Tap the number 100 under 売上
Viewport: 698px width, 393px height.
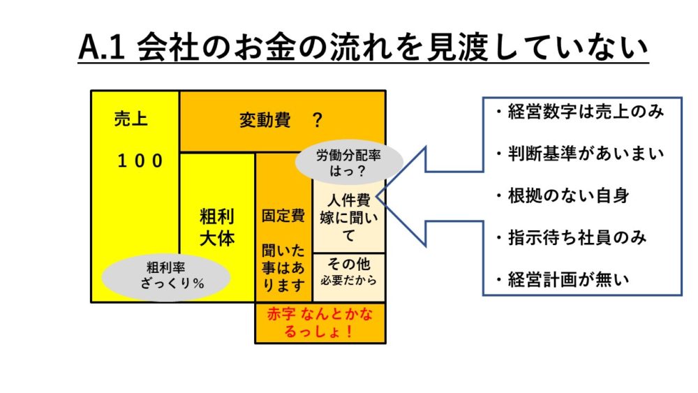(140, 161)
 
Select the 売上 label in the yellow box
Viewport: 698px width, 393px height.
(131, 120)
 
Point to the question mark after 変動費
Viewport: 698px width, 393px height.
(318, 121)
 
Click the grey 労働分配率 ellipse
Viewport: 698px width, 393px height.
(350, 163)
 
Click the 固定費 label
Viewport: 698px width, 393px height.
(283, 216)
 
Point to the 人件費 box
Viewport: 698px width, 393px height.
(348, 216)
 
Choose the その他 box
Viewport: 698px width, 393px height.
(348, 272)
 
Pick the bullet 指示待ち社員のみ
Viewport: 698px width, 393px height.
(574, 238)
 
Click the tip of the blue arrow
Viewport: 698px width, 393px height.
(379, 196)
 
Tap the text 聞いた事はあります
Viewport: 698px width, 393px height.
(283, 267)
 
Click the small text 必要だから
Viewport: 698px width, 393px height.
(348, 281)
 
